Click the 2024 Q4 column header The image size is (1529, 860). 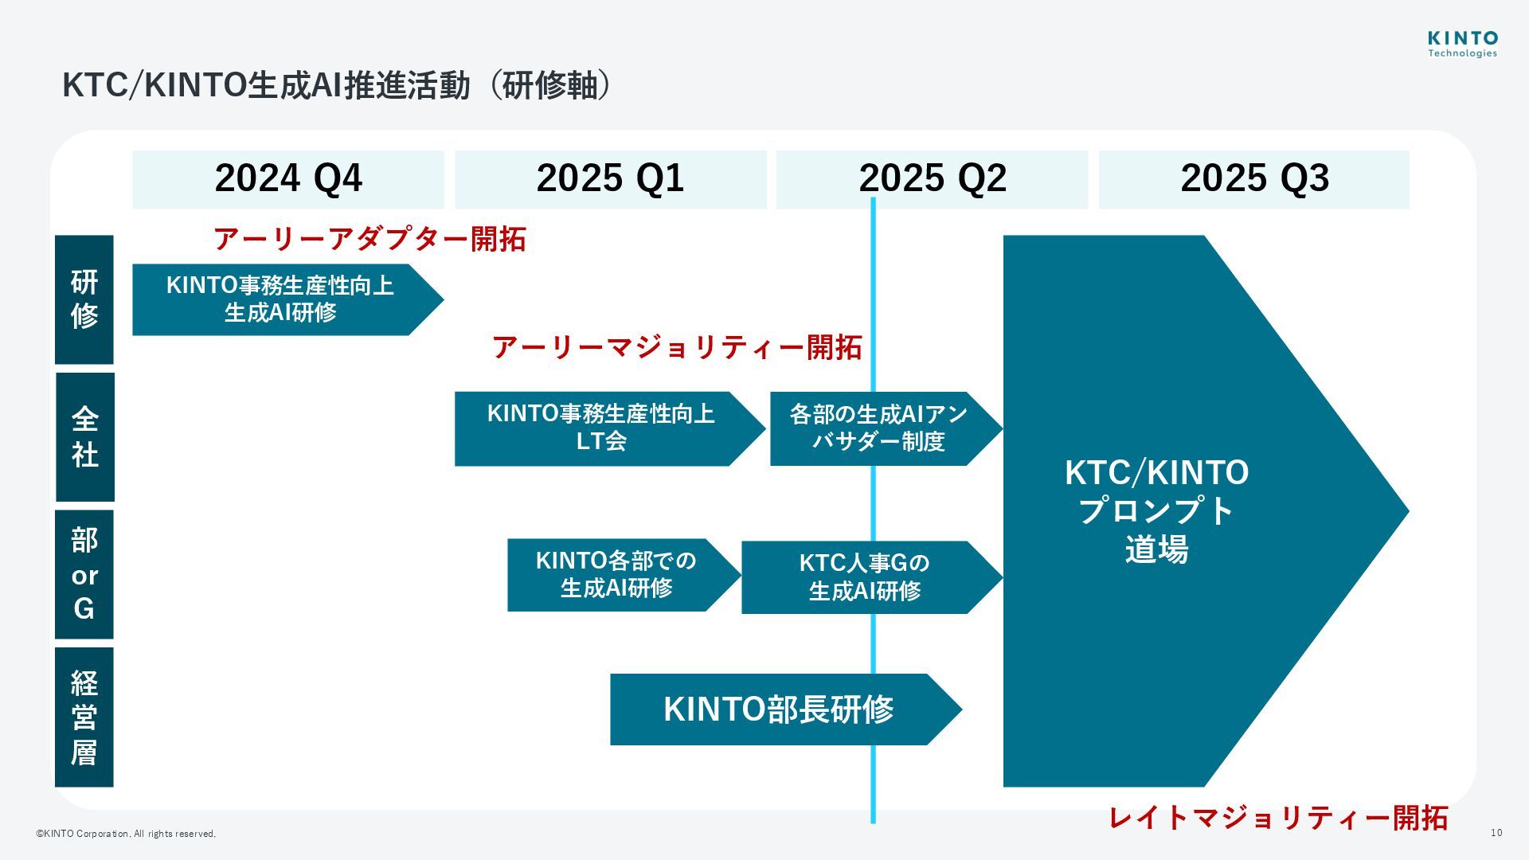coord(288,179)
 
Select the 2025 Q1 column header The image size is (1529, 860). coord(610,179)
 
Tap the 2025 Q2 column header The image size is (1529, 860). coord(932,179)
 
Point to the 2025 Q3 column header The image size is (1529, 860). coord(1254,179)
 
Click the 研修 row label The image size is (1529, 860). coord(84,299)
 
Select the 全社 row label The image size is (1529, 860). coord(84,436)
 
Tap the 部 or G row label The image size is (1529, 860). coord(84,574)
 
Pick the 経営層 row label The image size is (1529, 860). coord(84,717)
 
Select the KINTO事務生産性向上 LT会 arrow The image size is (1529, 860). coord(601,428)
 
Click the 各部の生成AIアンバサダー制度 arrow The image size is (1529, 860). coord(878,428)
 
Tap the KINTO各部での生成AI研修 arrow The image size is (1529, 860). coord(616,575)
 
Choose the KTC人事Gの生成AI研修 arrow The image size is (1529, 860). coord(864,577)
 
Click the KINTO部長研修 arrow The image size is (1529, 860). coord(778,709)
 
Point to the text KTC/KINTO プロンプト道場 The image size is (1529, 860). coord(1156,510)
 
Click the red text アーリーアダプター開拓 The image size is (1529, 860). coord(370,239)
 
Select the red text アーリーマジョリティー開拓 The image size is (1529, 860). coord(677,347)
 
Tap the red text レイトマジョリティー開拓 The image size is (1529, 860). coord(1278,818)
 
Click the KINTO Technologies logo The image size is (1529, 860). coord(1462,45)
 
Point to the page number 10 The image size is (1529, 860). coord(1496,833)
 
